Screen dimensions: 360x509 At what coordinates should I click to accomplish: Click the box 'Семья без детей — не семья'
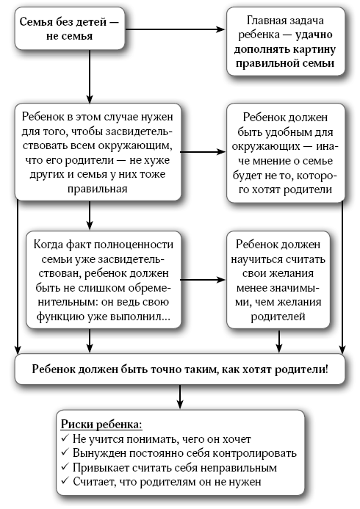[x=70, y=29]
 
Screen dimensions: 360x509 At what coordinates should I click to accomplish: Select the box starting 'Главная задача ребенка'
[x=285, y=42]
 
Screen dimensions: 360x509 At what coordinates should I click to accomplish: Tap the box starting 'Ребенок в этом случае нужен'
[x=98, y=152]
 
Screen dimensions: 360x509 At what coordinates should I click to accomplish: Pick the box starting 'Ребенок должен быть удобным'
[x=285, y=153]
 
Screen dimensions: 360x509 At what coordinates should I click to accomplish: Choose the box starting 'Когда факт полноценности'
[x=104, y=280]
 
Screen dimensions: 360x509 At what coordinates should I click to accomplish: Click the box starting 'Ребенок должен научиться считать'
[x=278, y=280]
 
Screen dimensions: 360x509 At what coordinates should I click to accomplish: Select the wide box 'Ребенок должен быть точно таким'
[x=179, y=369]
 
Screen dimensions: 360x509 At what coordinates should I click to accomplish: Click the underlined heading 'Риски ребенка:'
[x=101, y=425]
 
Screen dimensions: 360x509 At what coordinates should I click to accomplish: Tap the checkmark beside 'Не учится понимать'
[x=65, y=438]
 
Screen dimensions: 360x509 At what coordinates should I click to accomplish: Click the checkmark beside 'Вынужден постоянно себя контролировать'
[x=65, y=452]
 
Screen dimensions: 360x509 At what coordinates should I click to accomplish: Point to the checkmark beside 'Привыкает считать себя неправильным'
[x=65, y=467]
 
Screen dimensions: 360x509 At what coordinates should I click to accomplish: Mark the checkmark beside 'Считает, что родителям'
[x=65, y=481]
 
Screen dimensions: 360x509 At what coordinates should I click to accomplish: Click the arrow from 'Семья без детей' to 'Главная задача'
[x=175, y=29]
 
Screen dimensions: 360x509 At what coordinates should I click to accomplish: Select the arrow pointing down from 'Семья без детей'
[x=90, y=76]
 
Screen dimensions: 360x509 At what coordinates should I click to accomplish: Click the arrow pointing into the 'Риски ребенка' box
[x=179, y=397]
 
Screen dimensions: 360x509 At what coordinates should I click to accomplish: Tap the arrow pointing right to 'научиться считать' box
[x=203, y=280]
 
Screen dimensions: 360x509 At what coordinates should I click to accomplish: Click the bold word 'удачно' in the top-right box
[x=314, y=35]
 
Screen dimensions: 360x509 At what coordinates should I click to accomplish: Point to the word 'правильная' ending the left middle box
[x=98, y=189]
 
